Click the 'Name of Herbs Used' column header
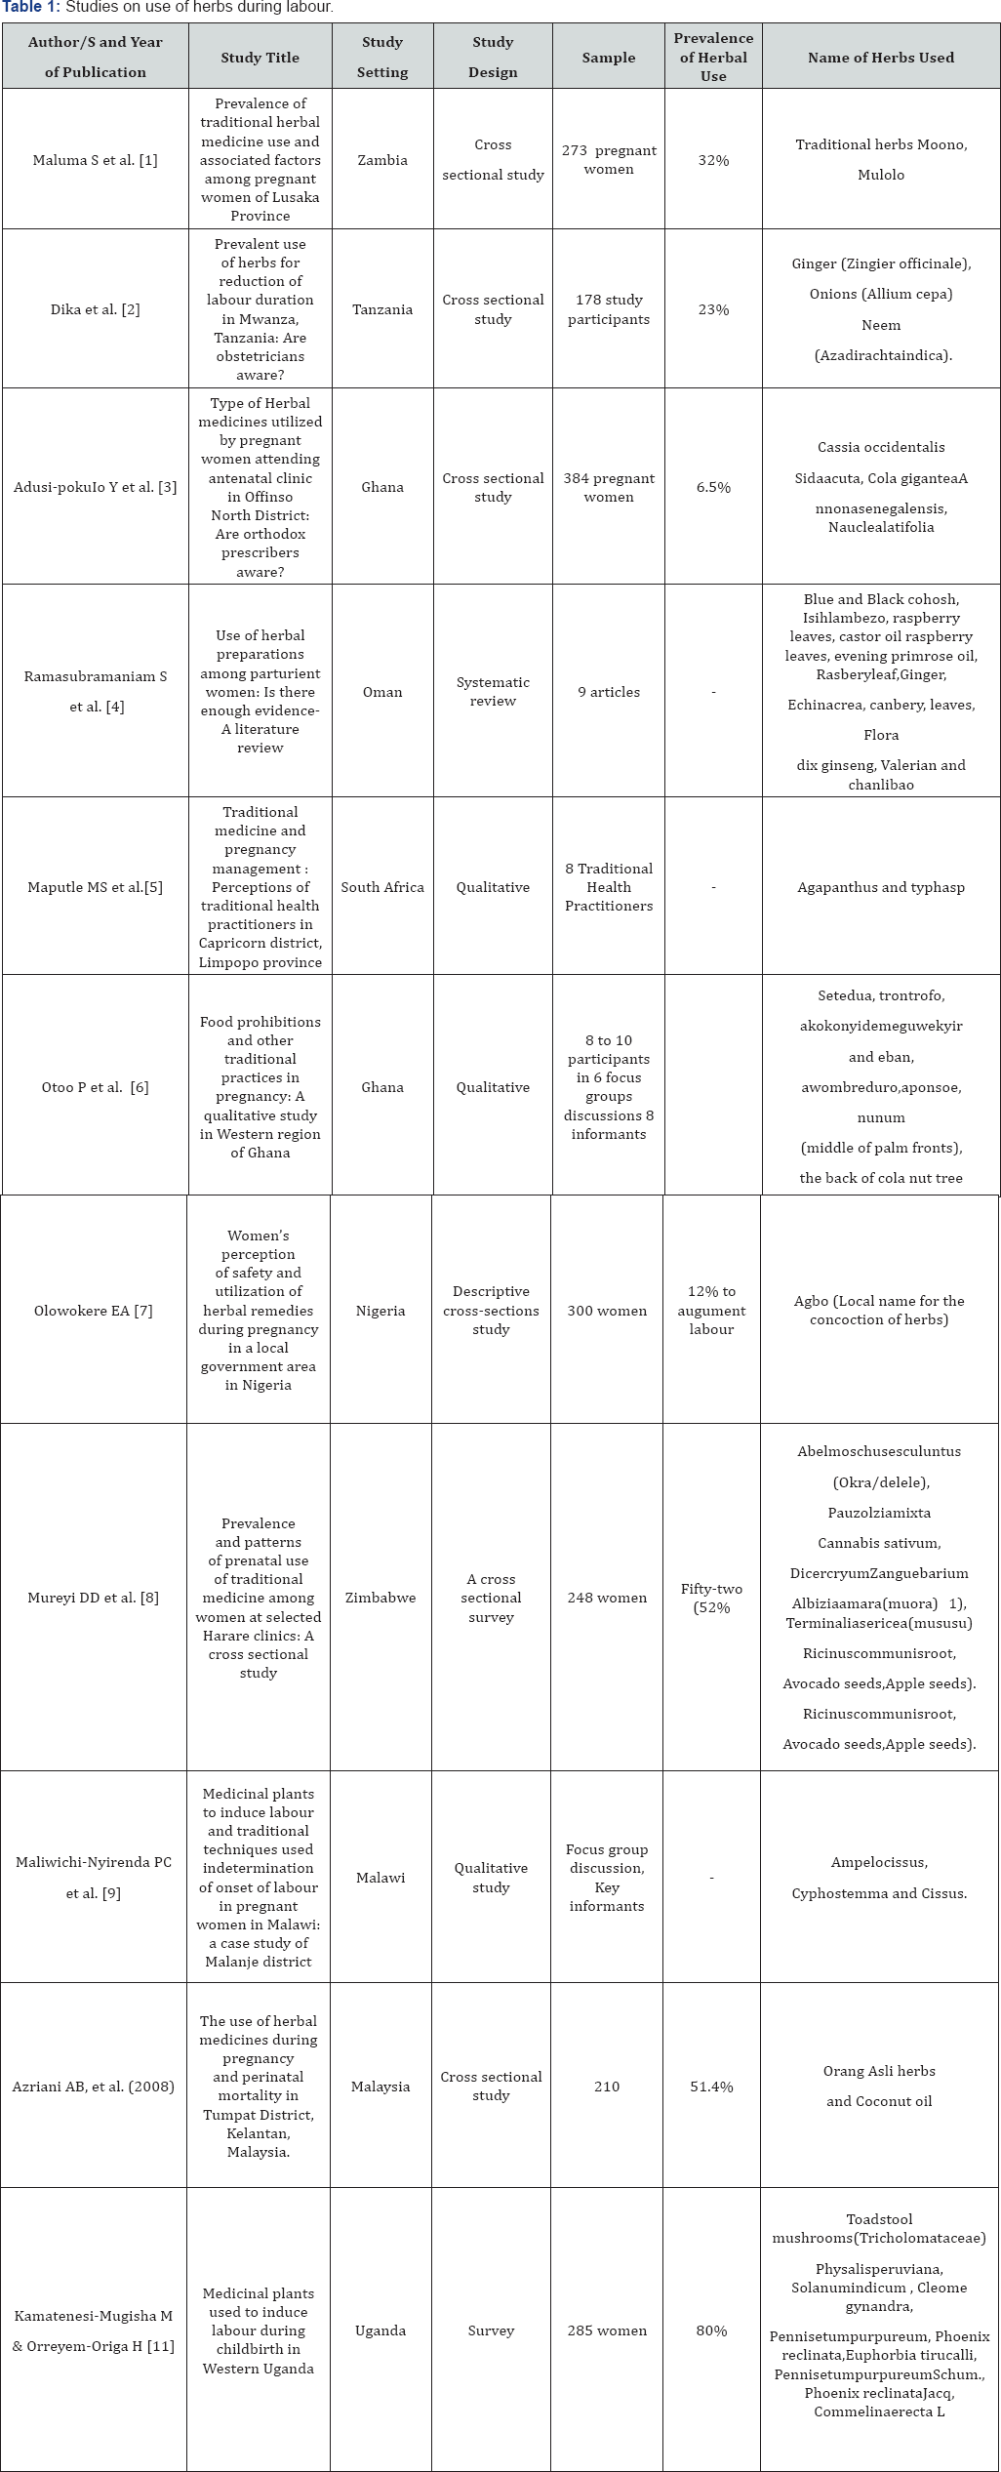(880, 58)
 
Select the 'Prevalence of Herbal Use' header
(713, 57)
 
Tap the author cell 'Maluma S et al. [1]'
(95, 160)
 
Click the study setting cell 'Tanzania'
(382, 309)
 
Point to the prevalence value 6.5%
(713, 487)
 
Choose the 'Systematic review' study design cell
(493, 691)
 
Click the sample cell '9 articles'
(609, 692)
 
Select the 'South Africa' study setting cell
(382, 887)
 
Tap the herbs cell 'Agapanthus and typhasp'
(880, 887)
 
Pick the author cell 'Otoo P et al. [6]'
(95, 1087)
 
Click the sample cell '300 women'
(607, 1311)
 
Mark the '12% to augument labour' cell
(711, 1311)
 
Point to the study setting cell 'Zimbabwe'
(380, 1598)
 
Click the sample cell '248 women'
(607, 1598)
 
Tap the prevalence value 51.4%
(711, 2087)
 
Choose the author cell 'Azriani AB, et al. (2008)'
(94, 2087)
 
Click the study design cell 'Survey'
(491, 2330)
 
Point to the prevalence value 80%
(711, 2330)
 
